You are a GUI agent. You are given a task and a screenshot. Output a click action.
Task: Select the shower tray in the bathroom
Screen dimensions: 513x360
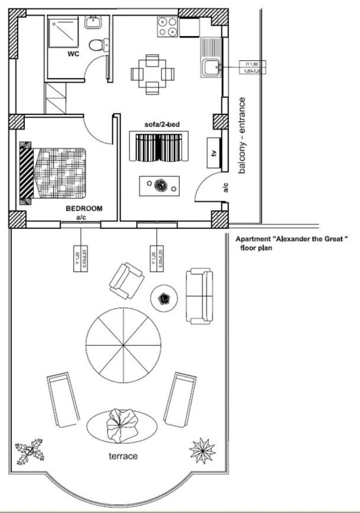[66, 32]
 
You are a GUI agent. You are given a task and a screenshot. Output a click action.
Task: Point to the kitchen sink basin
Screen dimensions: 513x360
[211, 68]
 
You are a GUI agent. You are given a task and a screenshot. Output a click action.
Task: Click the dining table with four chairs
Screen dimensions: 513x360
[152, 73]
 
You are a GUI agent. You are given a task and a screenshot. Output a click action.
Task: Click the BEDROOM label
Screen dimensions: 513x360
[84, 209]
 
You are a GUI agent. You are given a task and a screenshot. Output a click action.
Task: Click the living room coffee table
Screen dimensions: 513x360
[159, 185]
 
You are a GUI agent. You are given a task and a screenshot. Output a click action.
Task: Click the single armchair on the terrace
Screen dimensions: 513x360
[126, 281]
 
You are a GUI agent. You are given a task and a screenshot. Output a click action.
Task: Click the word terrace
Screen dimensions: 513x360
[122, 456]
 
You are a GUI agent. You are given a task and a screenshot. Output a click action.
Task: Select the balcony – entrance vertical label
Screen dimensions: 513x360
[242, 136]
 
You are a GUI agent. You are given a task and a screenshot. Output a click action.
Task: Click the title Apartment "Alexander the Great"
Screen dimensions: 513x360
[292, 240]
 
